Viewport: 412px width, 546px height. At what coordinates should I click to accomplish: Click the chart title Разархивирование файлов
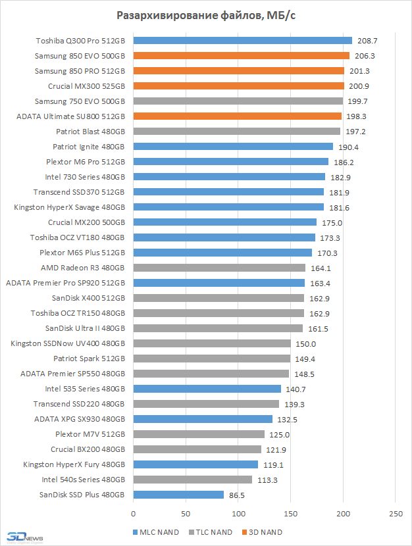pyautogui.click(x=206, y=16)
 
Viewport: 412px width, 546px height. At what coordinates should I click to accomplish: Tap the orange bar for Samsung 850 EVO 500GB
pyautogui.click(x=241, y=56)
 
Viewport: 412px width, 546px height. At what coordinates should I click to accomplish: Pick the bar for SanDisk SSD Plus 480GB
pyautogui.click(x=178, y=495)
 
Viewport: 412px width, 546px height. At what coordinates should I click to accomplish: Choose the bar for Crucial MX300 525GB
pyautogui.click(x=238, y=86)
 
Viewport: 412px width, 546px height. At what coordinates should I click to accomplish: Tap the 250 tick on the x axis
pyautogui.click(x=395, y=512)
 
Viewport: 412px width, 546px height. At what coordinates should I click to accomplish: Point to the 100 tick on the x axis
pyautogui.click(x=238, y=512)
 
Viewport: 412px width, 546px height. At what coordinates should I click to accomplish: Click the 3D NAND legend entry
pyautogui.click(x=266, y=532)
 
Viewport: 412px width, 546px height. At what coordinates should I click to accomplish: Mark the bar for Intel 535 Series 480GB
pyautogui.click(x=207, y=389)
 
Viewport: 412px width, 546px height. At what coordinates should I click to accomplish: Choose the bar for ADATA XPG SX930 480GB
pyautogui.click(x=203, y=419)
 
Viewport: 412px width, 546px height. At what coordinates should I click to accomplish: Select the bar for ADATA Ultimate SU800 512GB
pyautogui.click(x=237, y=116)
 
